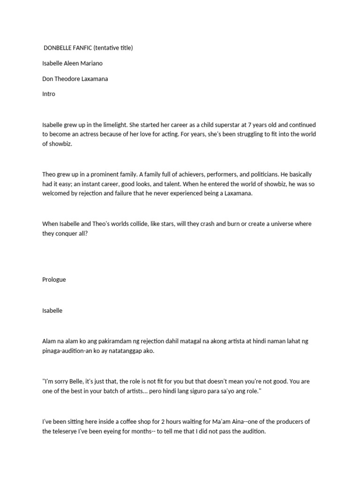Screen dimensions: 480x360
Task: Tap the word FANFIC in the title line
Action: (x=82, y=48)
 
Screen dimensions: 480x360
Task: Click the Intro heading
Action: (x=49, y=94)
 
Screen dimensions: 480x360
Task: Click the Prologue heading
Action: (x=54, y=279)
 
